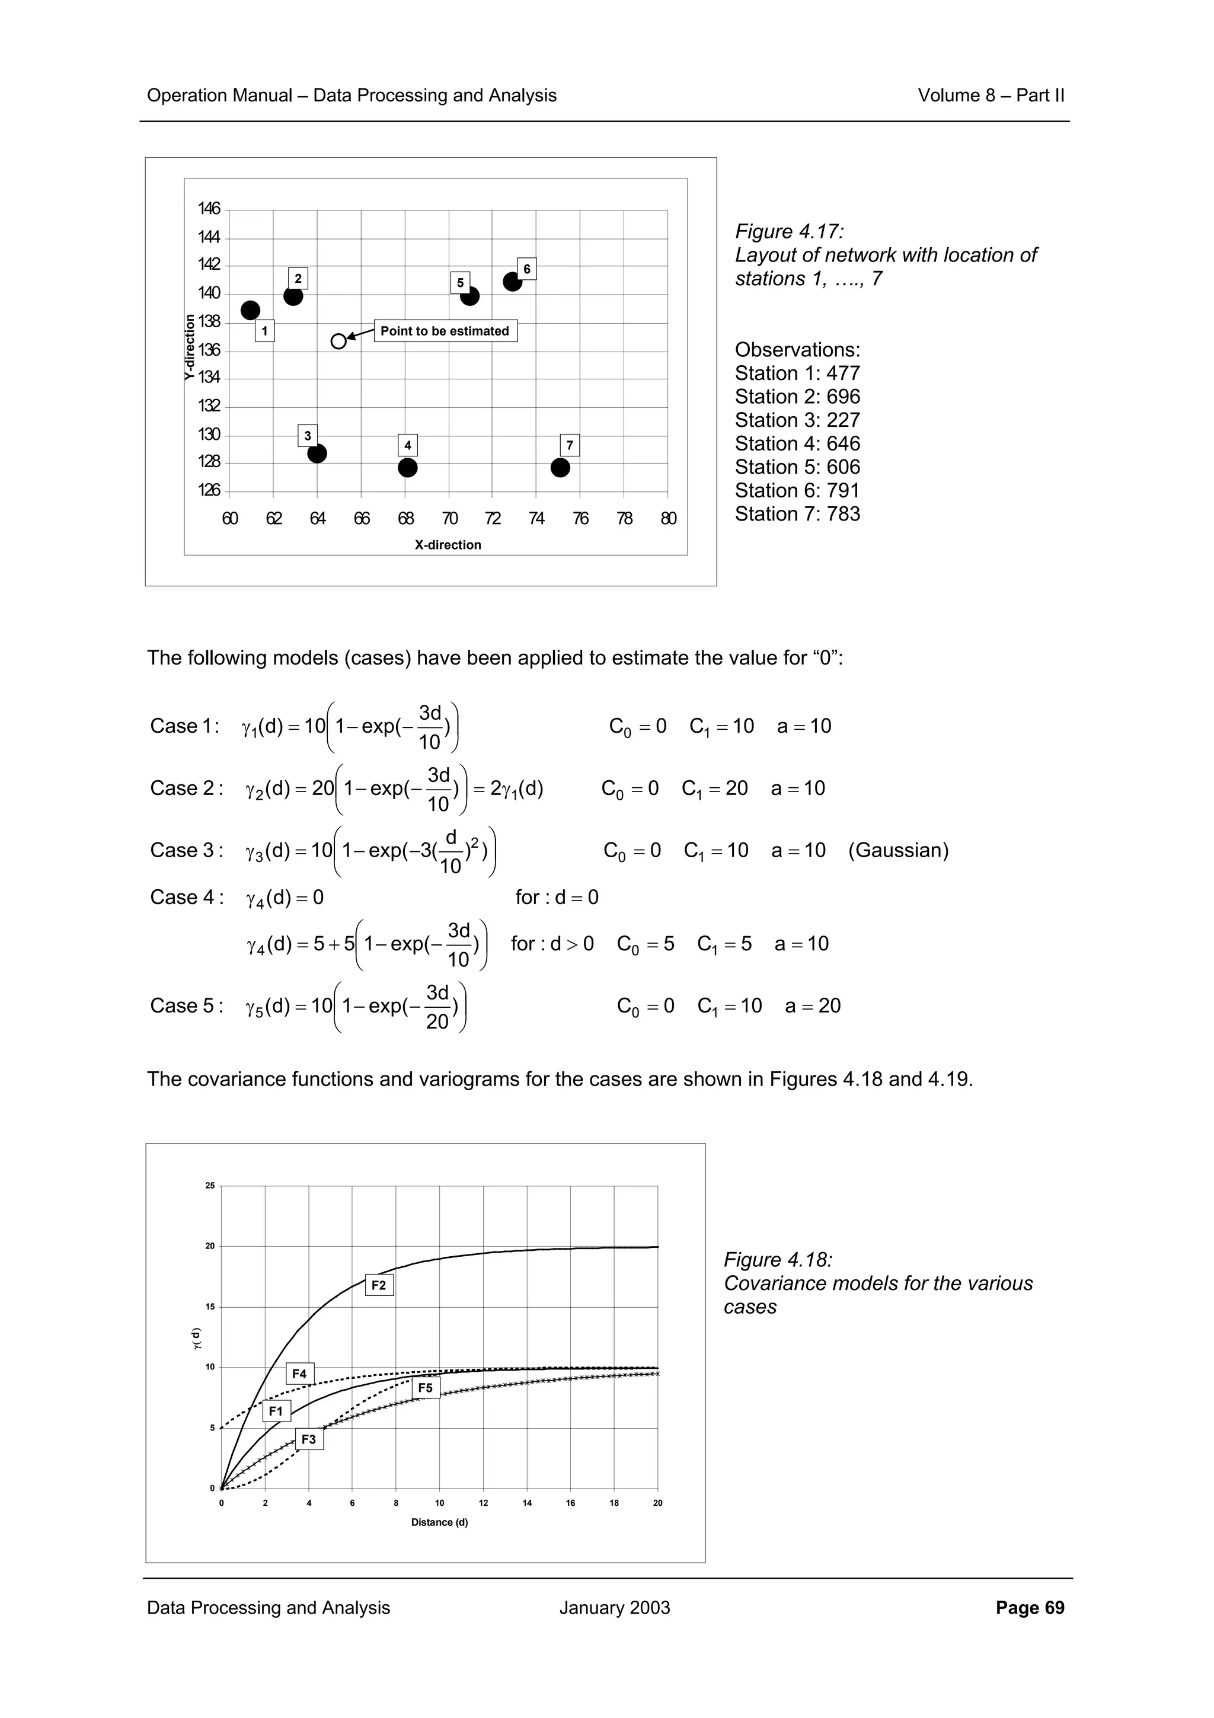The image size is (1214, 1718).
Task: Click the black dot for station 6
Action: pos(512,282)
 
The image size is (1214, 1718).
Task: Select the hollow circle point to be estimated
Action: pos(339,341)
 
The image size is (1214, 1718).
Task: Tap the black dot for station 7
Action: pos(560,468)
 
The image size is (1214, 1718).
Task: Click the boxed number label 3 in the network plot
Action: pos(308,436)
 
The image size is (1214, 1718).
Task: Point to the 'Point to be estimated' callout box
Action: pos(445,331)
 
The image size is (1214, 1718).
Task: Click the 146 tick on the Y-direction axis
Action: pos(209,209)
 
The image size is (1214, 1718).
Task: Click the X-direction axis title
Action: pos(448,545)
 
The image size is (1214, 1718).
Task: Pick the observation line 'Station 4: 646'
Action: pos(797,443)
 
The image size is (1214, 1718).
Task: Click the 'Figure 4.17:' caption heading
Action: pos(790,231)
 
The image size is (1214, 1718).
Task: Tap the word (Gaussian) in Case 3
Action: pos(898,850)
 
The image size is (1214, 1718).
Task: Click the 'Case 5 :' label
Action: pos(187,1005)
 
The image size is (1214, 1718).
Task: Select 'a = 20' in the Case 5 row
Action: pos(813,1005)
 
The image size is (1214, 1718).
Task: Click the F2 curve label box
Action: pos(379,1285)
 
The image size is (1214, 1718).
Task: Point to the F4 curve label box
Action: pos(299,1374)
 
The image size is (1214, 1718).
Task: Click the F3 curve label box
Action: pos(309,1439)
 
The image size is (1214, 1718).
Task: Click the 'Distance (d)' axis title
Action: pos(440,1522)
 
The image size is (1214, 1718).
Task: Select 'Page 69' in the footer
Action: pos(1030,1608)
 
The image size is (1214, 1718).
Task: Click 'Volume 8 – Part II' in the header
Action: pos(991,96)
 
